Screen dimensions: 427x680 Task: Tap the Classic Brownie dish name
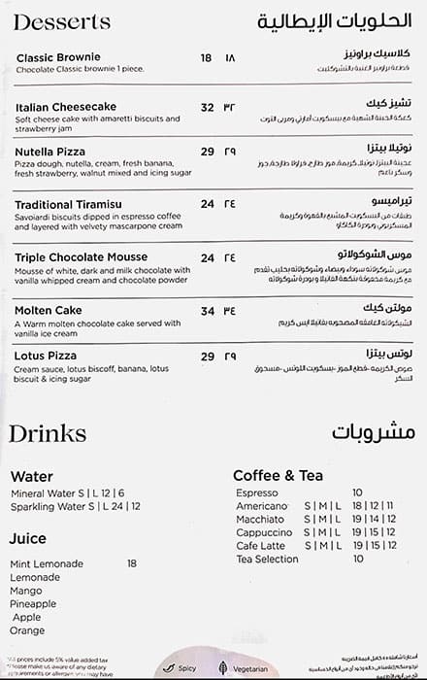[x=58, y=58]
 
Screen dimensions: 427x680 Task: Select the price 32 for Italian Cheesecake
[x=207, y=107]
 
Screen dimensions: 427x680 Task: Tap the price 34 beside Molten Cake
[x=207, y=311]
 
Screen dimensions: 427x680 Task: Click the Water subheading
[x=32, y=477]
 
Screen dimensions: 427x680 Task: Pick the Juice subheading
[x=28, y=537]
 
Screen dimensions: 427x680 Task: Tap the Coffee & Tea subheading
[x=277, y=475]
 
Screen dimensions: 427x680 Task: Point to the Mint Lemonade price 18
[x=131, y=563]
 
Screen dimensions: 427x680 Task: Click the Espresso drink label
[x=257, y=493]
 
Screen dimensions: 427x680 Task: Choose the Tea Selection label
[x=269, y=560]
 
